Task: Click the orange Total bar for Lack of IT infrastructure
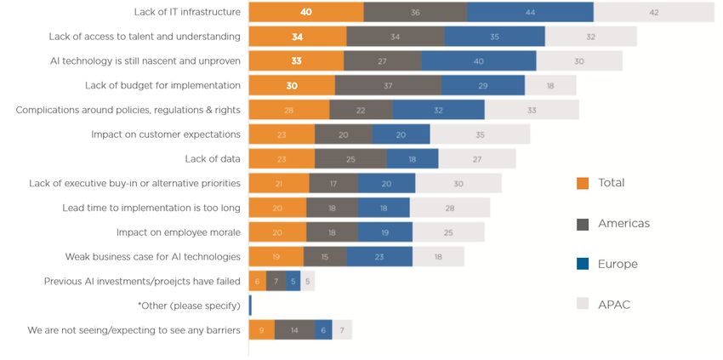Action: click(x=306, y=12)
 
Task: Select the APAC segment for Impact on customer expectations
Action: click(x=480, y=134)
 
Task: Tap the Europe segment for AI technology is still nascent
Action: click(x=479, y=61)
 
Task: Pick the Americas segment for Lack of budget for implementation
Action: click(x=388, y=85)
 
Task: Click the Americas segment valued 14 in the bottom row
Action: click(x=294, y=330)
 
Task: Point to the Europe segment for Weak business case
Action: click(x=379, y=256)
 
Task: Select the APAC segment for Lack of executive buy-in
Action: click(x=458, y=183)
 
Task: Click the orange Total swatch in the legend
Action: click(x=583, y=183)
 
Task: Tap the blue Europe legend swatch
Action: click(x=583, y=264)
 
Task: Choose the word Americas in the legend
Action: click(x=624, y=224)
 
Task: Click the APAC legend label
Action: click(x=614, y=304)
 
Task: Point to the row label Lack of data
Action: click(x=213, y=159)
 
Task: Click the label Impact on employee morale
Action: click(x=178, y=232)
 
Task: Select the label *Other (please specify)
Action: click(x=188, y=306)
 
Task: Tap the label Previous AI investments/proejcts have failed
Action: click(x=142, y=281)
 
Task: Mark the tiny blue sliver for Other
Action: click(x=250, y=306)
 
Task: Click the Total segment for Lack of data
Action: click(x=282, y=159)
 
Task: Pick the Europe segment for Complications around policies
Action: click(x=438, y=110)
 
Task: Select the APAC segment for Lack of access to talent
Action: click(x=590, y=37)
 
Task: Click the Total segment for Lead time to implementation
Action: click(x=277, y=208)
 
